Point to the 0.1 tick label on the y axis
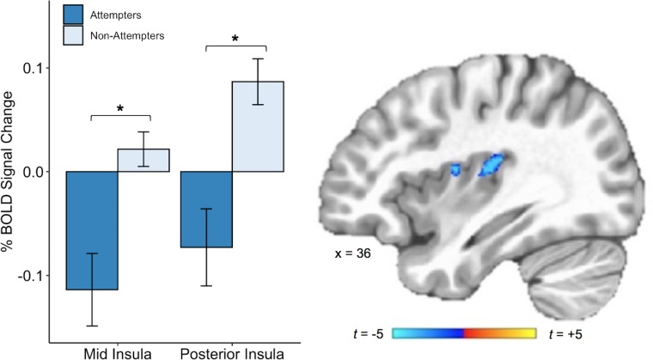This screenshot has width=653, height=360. (39, 68)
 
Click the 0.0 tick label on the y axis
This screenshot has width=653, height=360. (39, 172)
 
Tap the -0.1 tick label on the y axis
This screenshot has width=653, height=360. (37, 276)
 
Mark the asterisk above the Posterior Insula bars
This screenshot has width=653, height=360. (235, 38)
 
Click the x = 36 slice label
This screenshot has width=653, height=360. (353, 254)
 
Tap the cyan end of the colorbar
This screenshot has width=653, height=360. (398, 333)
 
